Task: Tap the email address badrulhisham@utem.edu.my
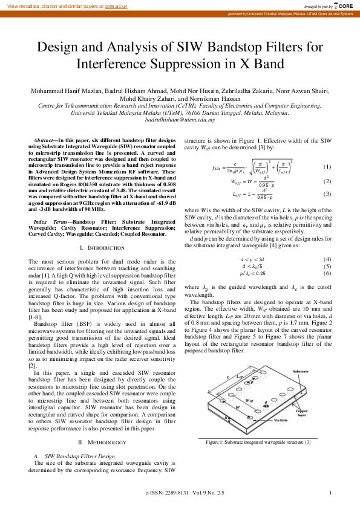pyautogui.click(x=180, y=120)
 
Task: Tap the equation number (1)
pyautogui.click(x=327, y=167)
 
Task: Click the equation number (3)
pyautogui.click(x=327, y=194)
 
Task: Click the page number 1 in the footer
pyautogui.click(x=331, y=493)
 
